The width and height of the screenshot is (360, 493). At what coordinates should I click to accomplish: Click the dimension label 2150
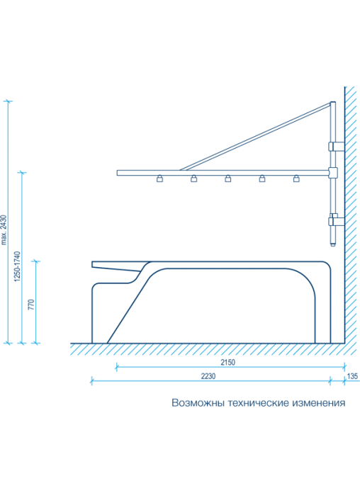point(227,362)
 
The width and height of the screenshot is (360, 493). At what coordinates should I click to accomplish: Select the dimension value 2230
point(208,376)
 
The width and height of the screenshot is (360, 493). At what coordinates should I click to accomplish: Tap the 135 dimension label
point(352,376)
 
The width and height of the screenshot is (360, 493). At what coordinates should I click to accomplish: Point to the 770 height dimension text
point(31,305)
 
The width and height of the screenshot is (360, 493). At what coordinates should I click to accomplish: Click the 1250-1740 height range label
point(17,266)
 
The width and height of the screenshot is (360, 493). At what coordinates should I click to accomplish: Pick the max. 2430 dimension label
point(4,229)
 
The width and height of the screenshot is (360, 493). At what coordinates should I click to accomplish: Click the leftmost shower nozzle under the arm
point(160,178)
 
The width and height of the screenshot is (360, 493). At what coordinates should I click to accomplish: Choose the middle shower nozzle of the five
point(227,178)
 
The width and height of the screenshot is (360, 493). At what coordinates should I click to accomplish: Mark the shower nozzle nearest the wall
point(296,178)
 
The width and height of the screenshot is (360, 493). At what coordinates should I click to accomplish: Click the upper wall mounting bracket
point(336,147)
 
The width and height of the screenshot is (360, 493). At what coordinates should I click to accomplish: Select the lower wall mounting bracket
point(336,221)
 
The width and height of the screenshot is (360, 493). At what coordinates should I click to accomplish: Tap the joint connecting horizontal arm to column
point(333,173)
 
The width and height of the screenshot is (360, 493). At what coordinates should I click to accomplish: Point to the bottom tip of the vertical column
point(333,245)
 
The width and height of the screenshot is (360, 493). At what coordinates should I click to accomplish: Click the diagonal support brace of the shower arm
point(255,136)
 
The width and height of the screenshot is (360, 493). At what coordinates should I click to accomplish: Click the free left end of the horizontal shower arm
point(118,173)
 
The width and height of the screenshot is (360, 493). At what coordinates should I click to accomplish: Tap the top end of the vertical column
point(333,102)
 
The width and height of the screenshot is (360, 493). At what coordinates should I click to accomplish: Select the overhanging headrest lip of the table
point(116,266)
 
